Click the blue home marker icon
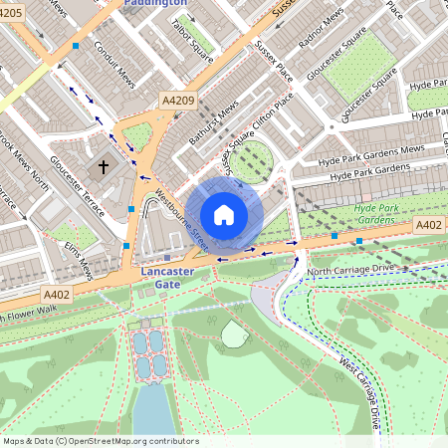[x=224, y=215]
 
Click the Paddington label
[x=156, y=4]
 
